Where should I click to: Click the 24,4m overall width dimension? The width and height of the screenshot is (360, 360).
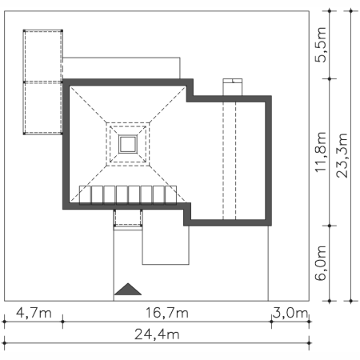pyautogui.click(x=157, y=334)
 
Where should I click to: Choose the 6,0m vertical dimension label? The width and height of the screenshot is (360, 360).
pyautogui.click(x=322, y=264)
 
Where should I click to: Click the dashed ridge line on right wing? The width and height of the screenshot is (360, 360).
pyautogui.click(x=235, y=160)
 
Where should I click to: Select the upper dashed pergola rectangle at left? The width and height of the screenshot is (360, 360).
pyautogui.click(x=43, y=55)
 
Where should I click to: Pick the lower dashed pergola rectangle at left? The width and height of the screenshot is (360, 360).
pyautogui.click(x=43, y=107)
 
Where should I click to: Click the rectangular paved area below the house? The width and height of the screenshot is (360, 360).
pyautogui.click(x=166, y=244)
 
